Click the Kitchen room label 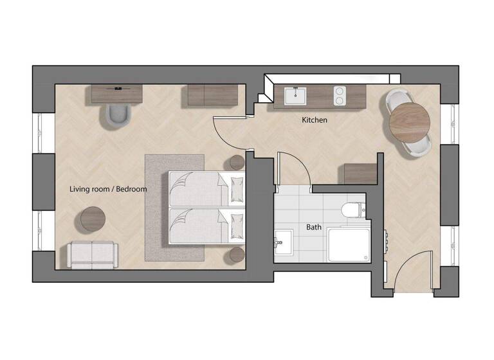(x=315, y=120)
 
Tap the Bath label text (x=314, y=228)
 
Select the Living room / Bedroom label (x=109, y=189)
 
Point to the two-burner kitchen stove (x=340, y=96)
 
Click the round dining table (x=409, y=122)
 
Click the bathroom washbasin (x=282, y=243)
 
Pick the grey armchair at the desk (x=119, y=113)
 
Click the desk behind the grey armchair (x=116, y=94)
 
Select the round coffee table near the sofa (x=93, y=219)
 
